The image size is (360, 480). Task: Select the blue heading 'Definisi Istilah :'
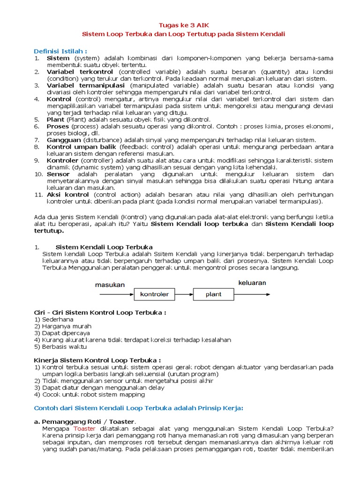(60, 51)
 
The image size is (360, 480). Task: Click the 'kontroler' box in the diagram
(155, 294)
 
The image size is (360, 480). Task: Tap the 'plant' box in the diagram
(213, 294)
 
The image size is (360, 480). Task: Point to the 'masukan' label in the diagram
(110, 285)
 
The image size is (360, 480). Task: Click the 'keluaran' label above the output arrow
(252, 283)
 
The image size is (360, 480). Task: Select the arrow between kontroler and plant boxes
(183, 294)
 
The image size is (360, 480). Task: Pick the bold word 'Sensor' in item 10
(58, 174)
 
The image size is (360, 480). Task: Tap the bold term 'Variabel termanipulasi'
(85, 86)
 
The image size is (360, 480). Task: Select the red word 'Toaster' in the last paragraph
(84, 428)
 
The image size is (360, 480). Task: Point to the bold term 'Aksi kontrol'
(67, 195)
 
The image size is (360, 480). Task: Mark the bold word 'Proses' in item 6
(58, 127)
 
